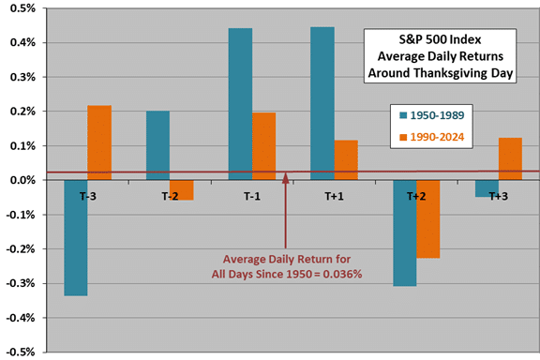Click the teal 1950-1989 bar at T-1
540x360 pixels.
(x=240, y=104)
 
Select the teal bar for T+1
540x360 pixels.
(x=322, y=103)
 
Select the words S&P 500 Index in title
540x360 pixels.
(x=440, y=43)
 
